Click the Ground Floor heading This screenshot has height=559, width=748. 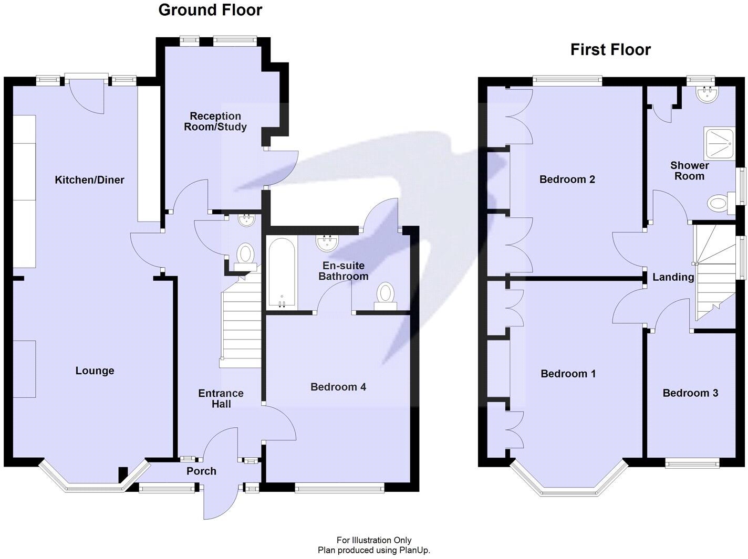(x=210, y=10)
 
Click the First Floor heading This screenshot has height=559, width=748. (x=610, y=50)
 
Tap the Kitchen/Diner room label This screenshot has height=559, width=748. (x=89, y=180)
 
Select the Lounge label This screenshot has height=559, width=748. (x=95, y=371)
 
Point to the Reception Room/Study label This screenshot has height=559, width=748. (x=215, y=121)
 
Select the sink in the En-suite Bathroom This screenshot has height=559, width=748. (x=327, y=243)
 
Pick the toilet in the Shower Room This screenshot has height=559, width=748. (x=720, y=202)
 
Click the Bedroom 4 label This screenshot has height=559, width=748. (x=338, y=387)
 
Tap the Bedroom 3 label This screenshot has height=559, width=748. (x=690, y=393)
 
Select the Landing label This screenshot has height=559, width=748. (x=673, y=277)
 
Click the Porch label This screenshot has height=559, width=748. (x=201, y=471)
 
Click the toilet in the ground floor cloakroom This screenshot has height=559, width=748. (x=245, y=256)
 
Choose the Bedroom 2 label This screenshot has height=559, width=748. (x=567, y=180)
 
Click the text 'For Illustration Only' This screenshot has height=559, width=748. (x=373, y=540)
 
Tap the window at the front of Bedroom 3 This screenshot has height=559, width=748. (x=692, y=462)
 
